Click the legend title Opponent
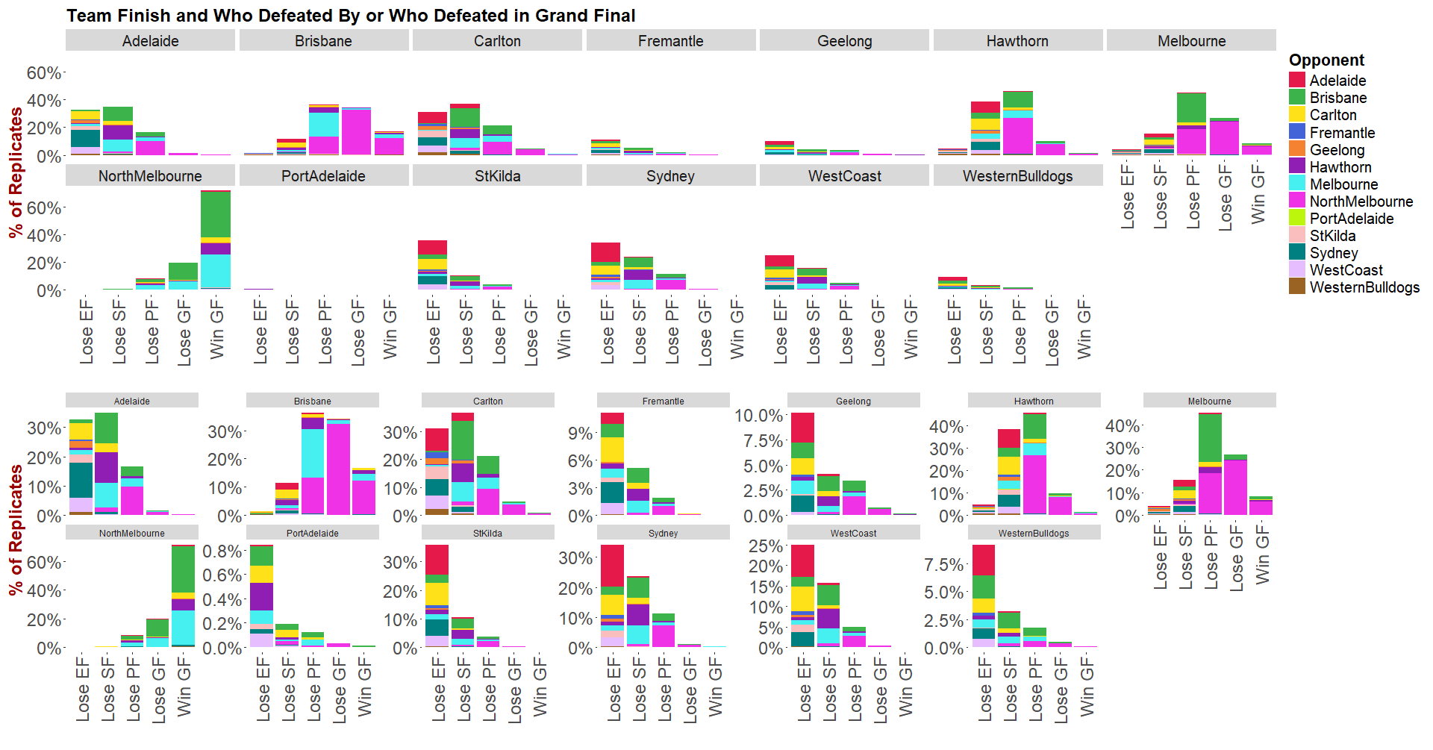point(1326,60)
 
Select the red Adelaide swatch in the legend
point(1297,81)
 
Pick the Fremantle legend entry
point(1342,133)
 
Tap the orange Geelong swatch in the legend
point(1297,150)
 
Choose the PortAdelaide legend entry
point(1352,219)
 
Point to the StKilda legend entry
point(1332,236)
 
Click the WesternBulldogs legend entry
point(1364,287)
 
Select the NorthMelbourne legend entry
point(1361,201)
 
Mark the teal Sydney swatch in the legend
point(1297,253)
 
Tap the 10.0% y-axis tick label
point(758,416)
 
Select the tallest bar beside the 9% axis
point(613,463)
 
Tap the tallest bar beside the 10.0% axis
point(802,463)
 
